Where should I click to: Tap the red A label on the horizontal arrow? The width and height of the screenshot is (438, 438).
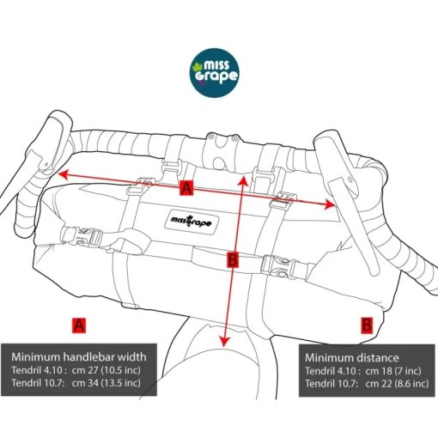186,188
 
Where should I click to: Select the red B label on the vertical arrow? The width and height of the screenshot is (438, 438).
233,260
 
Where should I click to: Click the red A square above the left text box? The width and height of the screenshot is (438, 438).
79,325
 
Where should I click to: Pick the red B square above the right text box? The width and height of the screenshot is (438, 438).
367,325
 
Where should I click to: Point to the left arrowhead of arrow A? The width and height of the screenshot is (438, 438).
63,174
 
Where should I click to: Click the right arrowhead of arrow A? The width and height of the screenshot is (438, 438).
329,204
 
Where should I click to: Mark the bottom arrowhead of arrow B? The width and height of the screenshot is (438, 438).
225,341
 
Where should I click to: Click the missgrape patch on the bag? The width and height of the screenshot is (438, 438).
192,222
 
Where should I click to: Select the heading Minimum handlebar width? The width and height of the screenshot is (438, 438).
79,357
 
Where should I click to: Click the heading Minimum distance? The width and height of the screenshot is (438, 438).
352,358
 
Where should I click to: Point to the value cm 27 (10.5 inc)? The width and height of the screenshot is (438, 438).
106,370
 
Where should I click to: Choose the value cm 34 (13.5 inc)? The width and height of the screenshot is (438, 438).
106,383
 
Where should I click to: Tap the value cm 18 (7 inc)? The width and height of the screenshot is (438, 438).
393,371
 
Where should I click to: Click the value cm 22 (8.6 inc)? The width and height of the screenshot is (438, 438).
397,384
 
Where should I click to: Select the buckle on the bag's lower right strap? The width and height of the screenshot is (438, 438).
281,266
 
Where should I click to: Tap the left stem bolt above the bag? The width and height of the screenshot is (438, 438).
211,137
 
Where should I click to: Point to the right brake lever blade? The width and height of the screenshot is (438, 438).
355,226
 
